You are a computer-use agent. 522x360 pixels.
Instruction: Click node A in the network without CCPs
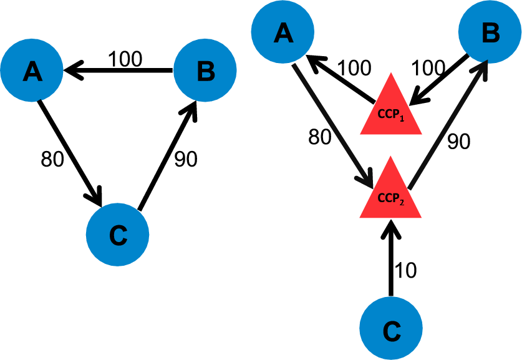pyautogui.click(x=31, y=73)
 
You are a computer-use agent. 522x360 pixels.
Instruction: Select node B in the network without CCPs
pyautogui.click(x=204, y=73)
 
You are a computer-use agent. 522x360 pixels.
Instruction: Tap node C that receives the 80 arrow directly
pyautogui.click(x=117, y=234)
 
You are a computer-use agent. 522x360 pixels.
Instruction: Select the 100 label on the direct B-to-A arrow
pyautogui.click(x=125, y=59)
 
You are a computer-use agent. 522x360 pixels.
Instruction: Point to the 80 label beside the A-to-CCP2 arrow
pyautogui.click(x=320, y=136)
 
